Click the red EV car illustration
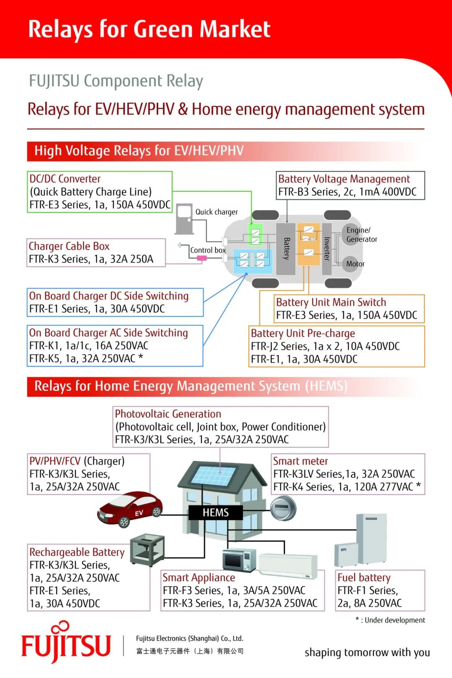[x=130, y=509]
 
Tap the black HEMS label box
[x=216, y=512]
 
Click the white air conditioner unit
[x=288, y=566]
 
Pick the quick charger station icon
[x=184, y=219]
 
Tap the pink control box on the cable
[x=202, y=258]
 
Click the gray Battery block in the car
[x=286, y=249]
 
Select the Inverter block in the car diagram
[x=327, y=249]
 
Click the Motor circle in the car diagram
[x=350, y=264]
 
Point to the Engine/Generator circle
[x=351, y=234]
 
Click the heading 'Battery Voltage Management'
[x=344, y=179]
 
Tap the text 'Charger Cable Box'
[x=69, y=246]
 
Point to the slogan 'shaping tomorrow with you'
[x=367, y=652]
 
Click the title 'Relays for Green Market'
[x=149, y=29]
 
